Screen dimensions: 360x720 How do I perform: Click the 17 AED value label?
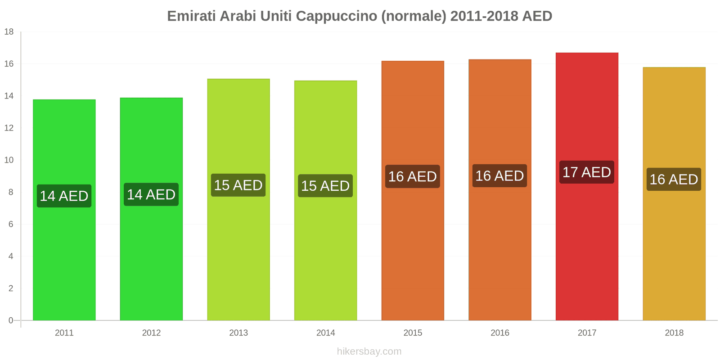[x=587, y=172]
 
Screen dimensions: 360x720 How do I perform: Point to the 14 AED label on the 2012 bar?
[x=151, y=194]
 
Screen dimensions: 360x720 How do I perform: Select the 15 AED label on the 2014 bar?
[x=325, y=186]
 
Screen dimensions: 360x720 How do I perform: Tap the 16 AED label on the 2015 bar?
[x=413, y=176]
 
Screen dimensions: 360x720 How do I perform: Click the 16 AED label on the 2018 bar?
[x=674, y=180]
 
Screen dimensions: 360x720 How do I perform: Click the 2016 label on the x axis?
[x=499, y=333]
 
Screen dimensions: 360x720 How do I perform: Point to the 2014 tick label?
[x=325, y=333]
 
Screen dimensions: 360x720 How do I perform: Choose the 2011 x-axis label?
[x=64, y=333]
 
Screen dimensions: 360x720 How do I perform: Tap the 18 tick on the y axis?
[x=9, y=32]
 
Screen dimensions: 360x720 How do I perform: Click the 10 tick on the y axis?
[x=9, y=160]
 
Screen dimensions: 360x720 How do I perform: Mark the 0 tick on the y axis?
[x=11, y=320]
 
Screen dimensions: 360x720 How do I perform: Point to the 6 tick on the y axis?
[x=11, y=224]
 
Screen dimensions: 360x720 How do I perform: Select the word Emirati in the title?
[x=191, y=16]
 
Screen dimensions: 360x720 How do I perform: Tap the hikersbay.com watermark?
[x=369, y=351]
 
